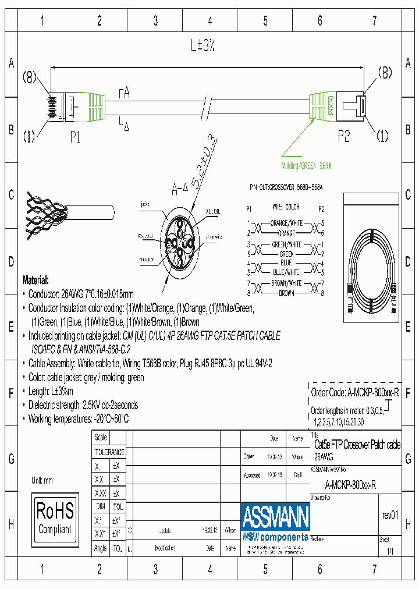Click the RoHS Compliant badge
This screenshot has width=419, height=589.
point(55,519)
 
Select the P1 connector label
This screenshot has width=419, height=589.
point(74,137)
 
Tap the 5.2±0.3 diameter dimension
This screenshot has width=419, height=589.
point(201,158)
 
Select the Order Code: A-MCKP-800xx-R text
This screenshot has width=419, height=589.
point(354,393)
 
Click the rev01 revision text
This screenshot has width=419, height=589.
point(389,515)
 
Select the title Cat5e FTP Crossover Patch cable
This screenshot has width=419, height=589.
point(357,445)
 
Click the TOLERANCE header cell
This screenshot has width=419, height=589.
point(109,452)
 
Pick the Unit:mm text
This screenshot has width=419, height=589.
point(42,480)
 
